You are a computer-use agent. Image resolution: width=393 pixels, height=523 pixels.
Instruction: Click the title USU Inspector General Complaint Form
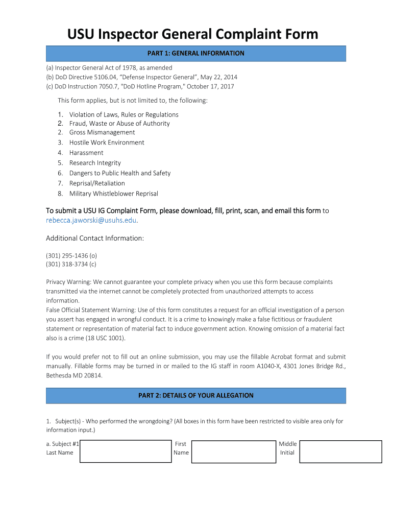(193, 34)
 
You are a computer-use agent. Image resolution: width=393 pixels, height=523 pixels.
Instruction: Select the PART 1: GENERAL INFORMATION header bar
(196, 53)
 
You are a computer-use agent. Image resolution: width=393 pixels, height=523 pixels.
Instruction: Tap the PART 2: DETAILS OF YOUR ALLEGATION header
(196, 395)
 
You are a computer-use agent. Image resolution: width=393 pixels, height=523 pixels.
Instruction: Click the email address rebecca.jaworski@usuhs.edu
(92, 221)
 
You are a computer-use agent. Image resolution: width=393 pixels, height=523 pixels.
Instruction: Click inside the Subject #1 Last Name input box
(126, 451)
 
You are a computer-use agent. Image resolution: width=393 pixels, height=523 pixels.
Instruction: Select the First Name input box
(233, 451)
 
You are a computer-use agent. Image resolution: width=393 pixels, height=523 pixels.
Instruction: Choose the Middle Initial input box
(340, 451)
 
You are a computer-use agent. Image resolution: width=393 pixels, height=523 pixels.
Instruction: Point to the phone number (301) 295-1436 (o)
(71, 255)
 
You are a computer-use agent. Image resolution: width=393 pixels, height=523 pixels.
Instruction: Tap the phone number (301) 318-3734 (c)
(71, 264)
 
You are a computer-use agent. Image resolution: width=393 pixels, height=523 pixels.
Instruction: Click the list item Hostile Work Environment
(107, 142)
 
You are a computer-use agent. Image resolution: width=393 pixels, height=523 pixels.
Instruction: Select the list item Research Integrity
(95, 163)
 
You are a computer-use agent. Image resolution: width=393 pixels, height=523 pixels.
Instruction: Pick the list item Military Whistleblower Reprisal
(113, 194)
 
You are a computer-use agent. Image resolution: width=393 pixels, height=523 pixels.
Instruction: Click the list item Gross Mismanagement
(102, 132)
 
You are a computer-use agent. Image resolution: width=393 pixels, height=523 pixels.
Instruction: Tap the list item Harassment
(86, 153)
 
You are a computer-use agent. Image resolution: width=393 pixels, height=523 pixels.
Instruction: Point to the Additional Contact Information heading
(95, 239)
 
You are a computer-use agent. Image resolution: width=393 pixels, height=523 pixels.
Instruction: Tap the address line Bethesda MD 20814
(74, 375)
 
